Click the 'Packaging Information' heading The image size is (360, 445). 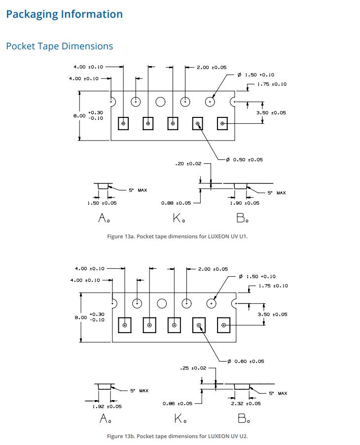(65, 14)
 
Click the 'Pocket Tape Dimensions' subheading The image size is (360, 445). (60, 46)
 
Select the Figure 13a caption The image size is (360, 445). (178, 236)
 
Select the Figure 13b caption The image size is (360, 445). (178, 436)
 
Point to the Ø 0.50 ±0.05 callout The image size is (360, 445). (245, 160)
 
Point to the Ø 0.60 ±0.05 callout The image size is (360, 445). (246, 361)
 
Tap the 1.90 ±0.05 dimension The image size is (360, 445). (245, 203)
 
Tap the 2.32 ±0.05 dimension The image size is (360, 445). (246, 404)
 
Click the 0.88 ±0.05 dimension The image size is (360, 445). (176, 203)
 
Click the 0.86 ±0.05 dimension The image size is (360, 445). (178, 404)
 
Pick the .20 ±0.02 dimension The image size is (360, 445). (188, 164)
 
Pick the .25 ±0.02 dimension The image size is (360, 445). (193, 368)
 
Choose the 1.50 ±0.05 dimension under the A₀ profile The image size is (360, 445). (102, 203)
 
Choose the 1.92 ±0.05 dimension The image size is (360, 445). (107, 407)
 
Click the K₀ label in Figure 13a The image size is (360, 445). (179, 218)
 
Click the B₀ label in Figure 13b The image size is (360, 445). (244, 418)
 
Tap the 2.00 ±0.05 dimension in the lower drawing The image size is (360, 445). (213, 269)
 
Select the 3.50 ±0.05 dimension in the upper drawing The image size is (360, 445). (271, 112)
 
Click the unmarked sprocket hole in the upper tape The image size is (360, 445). (161, 97)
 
